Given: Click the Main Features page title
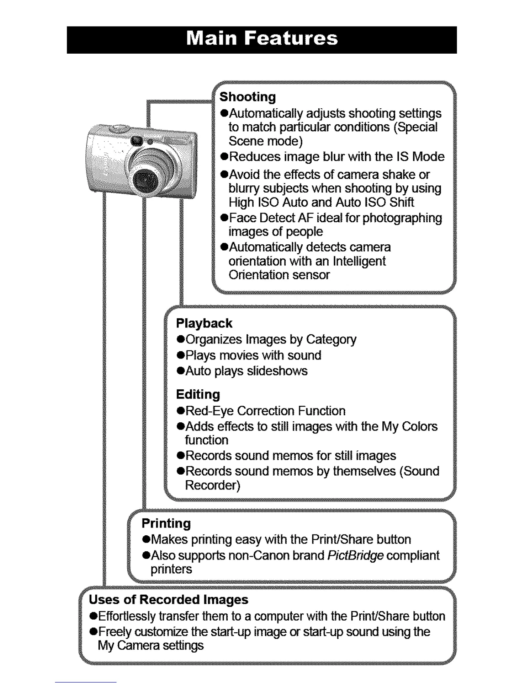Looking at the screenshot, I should click(262, 39).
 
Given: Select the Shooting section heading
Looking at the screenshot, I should click(247, 97).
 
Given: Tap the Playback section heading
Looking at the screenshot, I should click(204, 323).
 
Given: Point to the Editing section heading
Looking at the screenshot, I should click(198, 394).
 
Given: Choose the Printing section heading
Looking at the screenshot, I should click(166, 523).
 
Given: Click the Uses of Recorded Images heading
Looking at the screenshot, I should click(168, 599).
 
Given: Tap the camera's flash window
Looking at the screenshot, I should click(137, 141).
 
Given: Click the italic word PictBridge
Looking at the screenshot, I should click(355, 555).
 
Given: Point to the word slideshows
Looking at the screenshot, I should click(277, 371).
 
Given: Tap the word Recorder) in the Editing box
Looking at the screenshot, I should click(212, 485).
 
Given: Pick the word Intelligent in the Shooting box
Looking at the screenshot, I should click(359, 261).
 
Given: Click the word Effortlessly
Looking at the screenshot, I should click(127, 616).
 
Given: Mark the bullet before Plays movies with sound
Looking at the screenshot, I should click(181, 356).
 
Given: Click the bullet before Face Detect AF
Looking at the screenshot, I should click(224, 218).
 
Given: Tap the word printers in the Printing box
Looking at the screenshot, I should click(171, 569).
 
